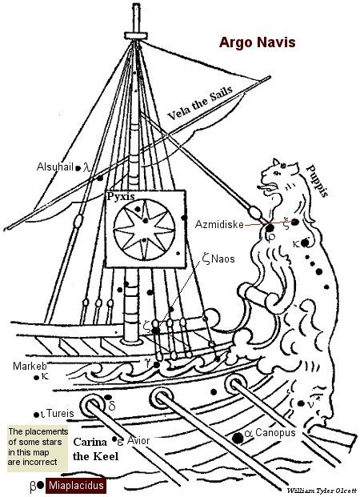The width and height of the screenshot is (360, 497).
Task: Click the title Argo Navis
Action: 257,42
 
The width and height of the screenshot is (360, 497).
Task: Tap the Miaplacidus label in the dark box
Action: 76,485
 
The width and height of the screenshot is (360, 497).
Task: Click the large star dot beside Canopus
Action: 238,438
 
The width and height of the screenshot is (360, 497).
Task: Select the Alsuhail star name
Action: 55,166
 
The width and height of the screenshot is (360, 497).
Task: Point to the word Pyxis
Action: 121,196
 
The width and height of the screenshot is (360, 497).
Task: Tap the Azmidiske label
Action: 219,224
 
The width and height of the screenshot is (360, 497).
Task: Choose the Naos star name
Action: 223,259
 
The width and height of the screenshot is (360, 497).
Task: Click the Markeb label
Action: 30,366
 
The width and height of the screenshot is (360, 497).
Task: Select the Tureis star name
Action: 60,413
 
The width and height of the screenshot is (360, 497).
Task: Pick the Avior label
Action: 138,440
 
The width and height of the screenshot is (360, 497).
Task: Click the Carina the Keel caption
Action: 96,449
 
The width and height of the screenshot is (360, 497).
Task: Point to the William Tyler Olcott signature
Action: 322,491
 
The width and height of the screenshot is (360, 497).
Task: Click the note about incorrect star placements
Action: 38,447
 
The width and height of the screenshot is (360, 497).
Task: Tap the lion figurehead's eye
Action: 278,173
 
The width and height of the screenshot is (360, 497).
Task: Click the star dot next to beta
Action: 40,485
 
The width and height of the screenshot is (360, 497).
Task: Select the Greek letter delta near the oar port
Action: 112,406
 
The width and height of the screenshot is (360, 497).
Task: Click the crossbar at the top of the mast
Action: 136,35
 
